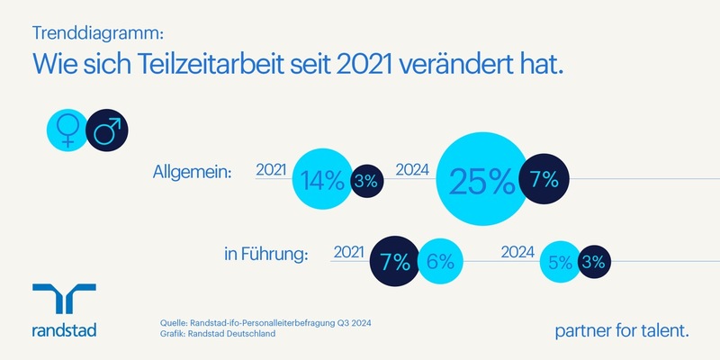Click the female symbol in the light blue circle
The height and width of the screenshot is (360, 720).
point(66,132)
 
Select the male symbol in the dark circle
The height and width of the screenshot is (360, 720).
point(106,132)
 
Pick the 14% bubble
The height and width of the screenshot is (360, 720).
point(321,180)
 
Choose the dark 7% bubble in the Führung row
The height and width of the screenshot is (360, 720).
point(395,262)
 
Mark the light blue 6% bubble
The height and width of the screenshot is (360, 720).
point(439,262)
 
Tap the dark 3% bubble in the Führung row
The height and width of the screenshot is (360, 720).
point(595,262)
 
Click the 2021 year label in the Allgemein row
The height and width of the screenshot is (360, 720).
point(271,170)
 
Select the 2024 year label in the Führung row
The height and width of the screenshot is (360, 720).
point(517,253)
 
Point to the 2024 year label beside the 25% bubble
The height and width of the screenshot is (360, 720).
point(413,170)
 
